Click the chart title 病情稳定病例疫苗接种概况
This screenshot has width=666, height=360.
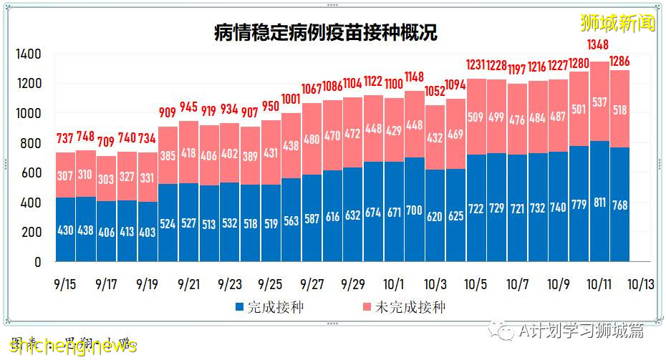coord(326,32)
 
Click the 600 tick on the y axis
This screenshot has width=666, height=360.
coord(31,172)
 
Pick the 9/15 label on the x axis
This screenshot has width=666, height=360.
coord(64,284)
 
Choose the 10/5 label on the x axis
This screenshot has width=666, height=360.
coord(476,284)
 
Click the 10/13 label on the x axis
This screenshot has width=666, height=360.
coord(641,284)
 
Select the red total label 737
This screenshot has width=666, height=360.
coord(65,138)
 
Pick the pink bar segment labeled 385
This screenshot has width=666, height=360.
coord(168,156)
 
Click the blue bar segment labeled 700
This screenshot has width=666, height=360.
coord(415,211)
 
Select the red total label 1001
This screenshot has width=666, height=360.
coord(291,99)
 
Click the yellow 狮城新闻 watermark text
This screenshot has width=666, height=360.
coord(617,23)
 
